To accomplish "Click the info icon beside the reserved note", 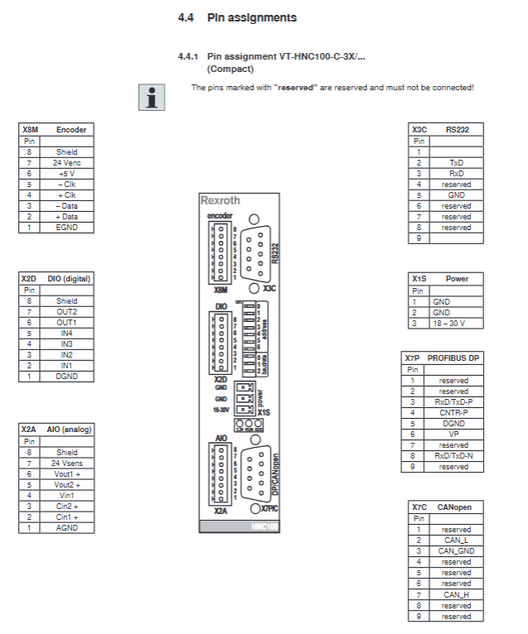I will (151, 97).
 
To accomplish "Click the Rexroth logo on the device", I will (220, 200).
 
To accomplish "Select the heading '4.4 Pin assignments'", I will (238, 17).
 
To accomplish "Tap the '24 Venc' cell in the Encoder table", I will (66, 163).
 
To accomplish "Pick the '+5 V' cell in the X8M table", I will (66, 174).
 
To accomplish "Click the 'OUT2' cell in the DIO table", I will (66, 311).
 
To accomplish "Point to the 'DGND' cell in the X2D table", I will (66, 376).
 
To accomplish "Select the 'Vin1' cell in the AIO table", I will (66, 495).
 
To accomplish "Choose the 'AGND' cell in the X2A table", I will (66, 527).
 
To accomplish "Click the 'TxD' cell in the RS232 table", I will (456, 163).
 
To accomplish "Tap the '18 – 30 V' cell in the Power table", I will (456, 323).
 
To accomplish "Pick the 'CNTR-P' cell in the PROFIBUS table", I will (454, 412).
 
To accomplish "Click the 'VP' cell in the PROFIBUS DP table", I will (454, 434).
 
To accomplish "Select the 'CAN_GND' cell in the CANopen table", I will (456, 550).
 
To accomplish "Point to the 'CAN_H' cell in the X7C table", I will (456, 594).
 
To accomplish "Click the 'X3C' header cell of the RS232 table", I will (419, 130).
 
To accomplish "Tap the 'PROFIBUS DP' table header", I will (454, 358).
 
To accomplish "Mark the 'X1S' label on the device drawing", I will (264, 412).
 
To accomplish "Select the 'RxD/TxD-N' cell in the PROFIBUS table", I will (454, 455).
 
